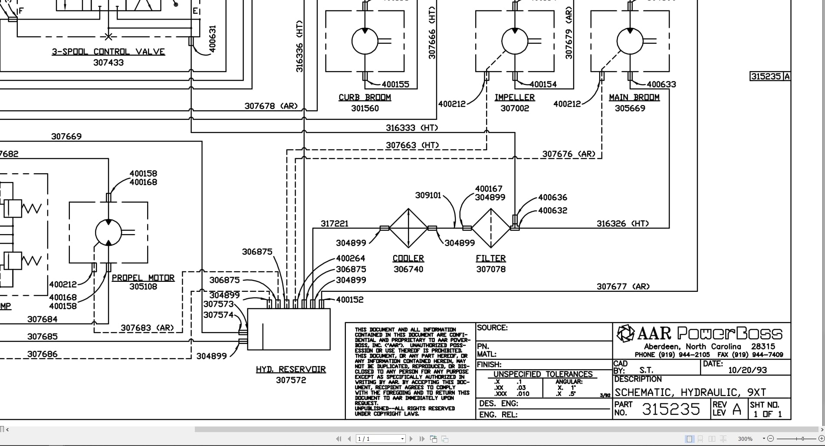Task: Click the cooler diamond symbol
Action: click(x=408, y=228)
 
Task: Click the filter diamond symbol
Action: click(x=491, y=228)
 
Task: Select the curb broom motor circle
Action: click(x=365, y=42)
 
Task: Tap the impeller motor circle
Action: click(x=514, y=42)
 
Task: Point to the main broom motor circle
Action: click(x=630, y=42)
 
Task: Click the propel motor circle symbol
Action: click(x=108, y=232)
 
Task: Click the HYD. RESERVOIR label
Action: click(x=291, y=370)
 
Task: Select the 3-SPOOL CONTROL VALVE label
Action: click(x=108, y=52)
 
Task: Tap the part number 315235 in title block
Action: click(x=671, y=409)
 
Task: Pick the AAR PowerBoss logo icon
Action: click(x=625, y=334)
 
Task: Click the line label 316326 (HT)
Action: click(x=622, y=224)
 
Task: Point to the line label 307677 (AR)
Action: click(x=623, y=287)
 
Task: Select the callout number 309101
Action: click(x=428, y=195)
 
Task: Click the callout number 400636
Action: click(x=552, y=198)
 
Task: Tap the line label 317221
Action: click(x=334, y=224)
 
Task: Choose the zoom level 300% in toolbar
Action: click(x=745, y=439)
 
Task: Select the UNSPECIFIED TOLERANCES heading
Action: click(x=542, y=374)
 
